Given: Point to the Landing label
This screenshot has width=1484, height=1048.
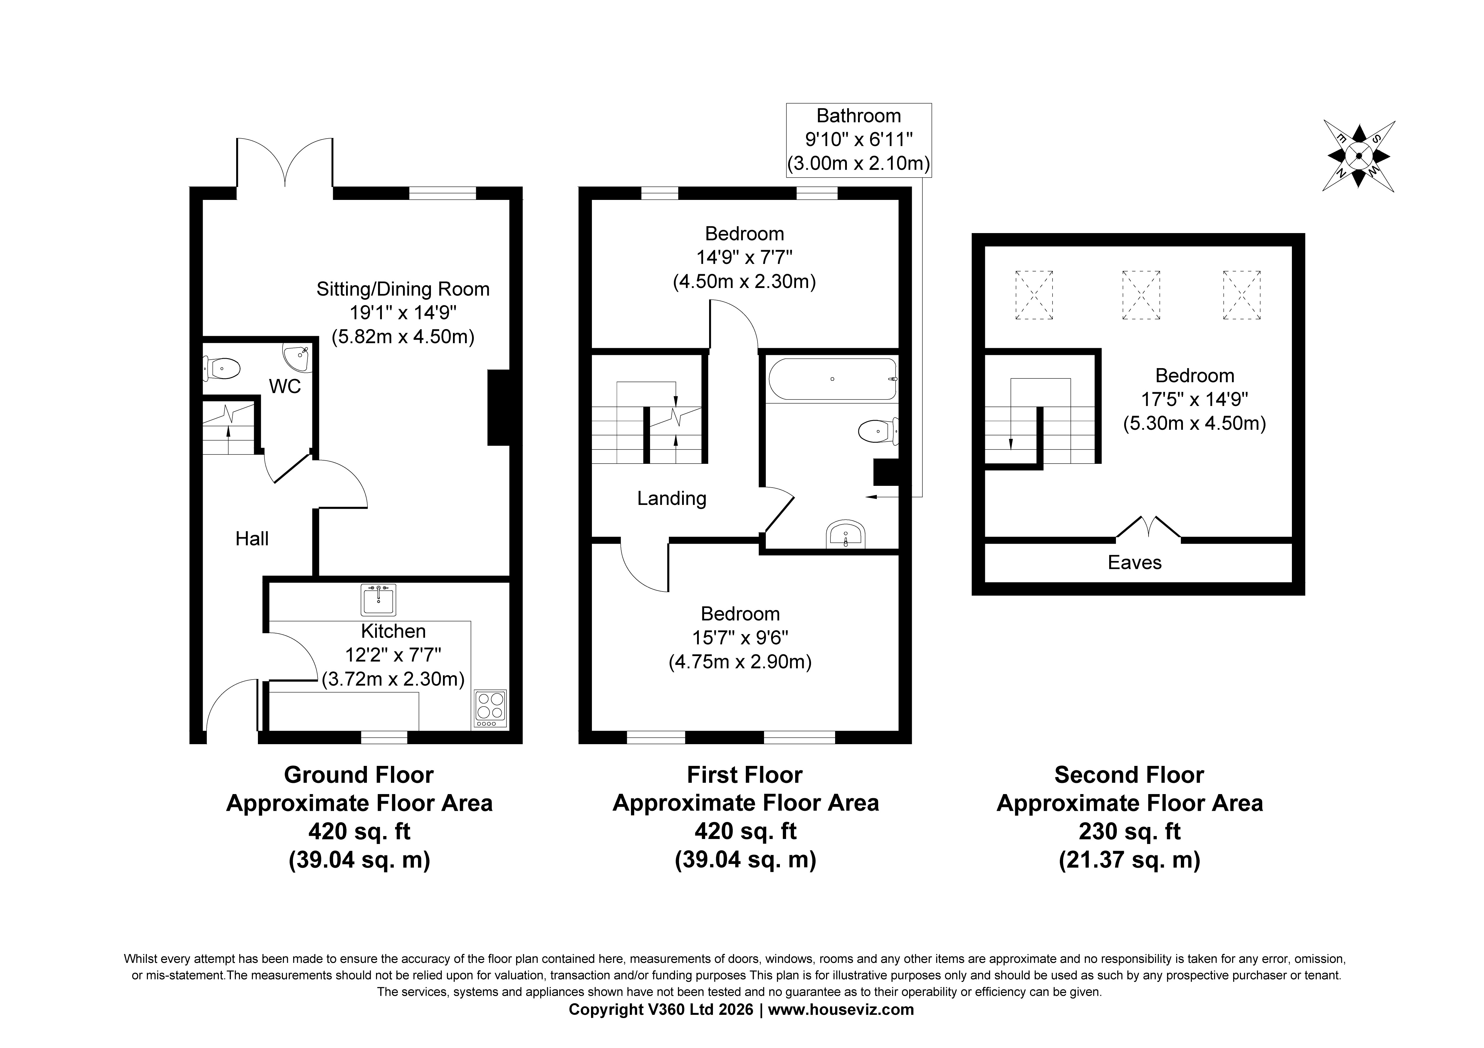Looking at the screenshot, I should [x=672, y=498].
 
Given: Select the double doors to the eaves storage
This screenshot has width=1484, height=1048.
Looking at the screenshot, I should [x=1149, y=527].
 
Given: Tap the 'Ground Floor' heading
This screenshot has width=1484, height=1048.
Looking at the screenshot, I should [x=359, y=775].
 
